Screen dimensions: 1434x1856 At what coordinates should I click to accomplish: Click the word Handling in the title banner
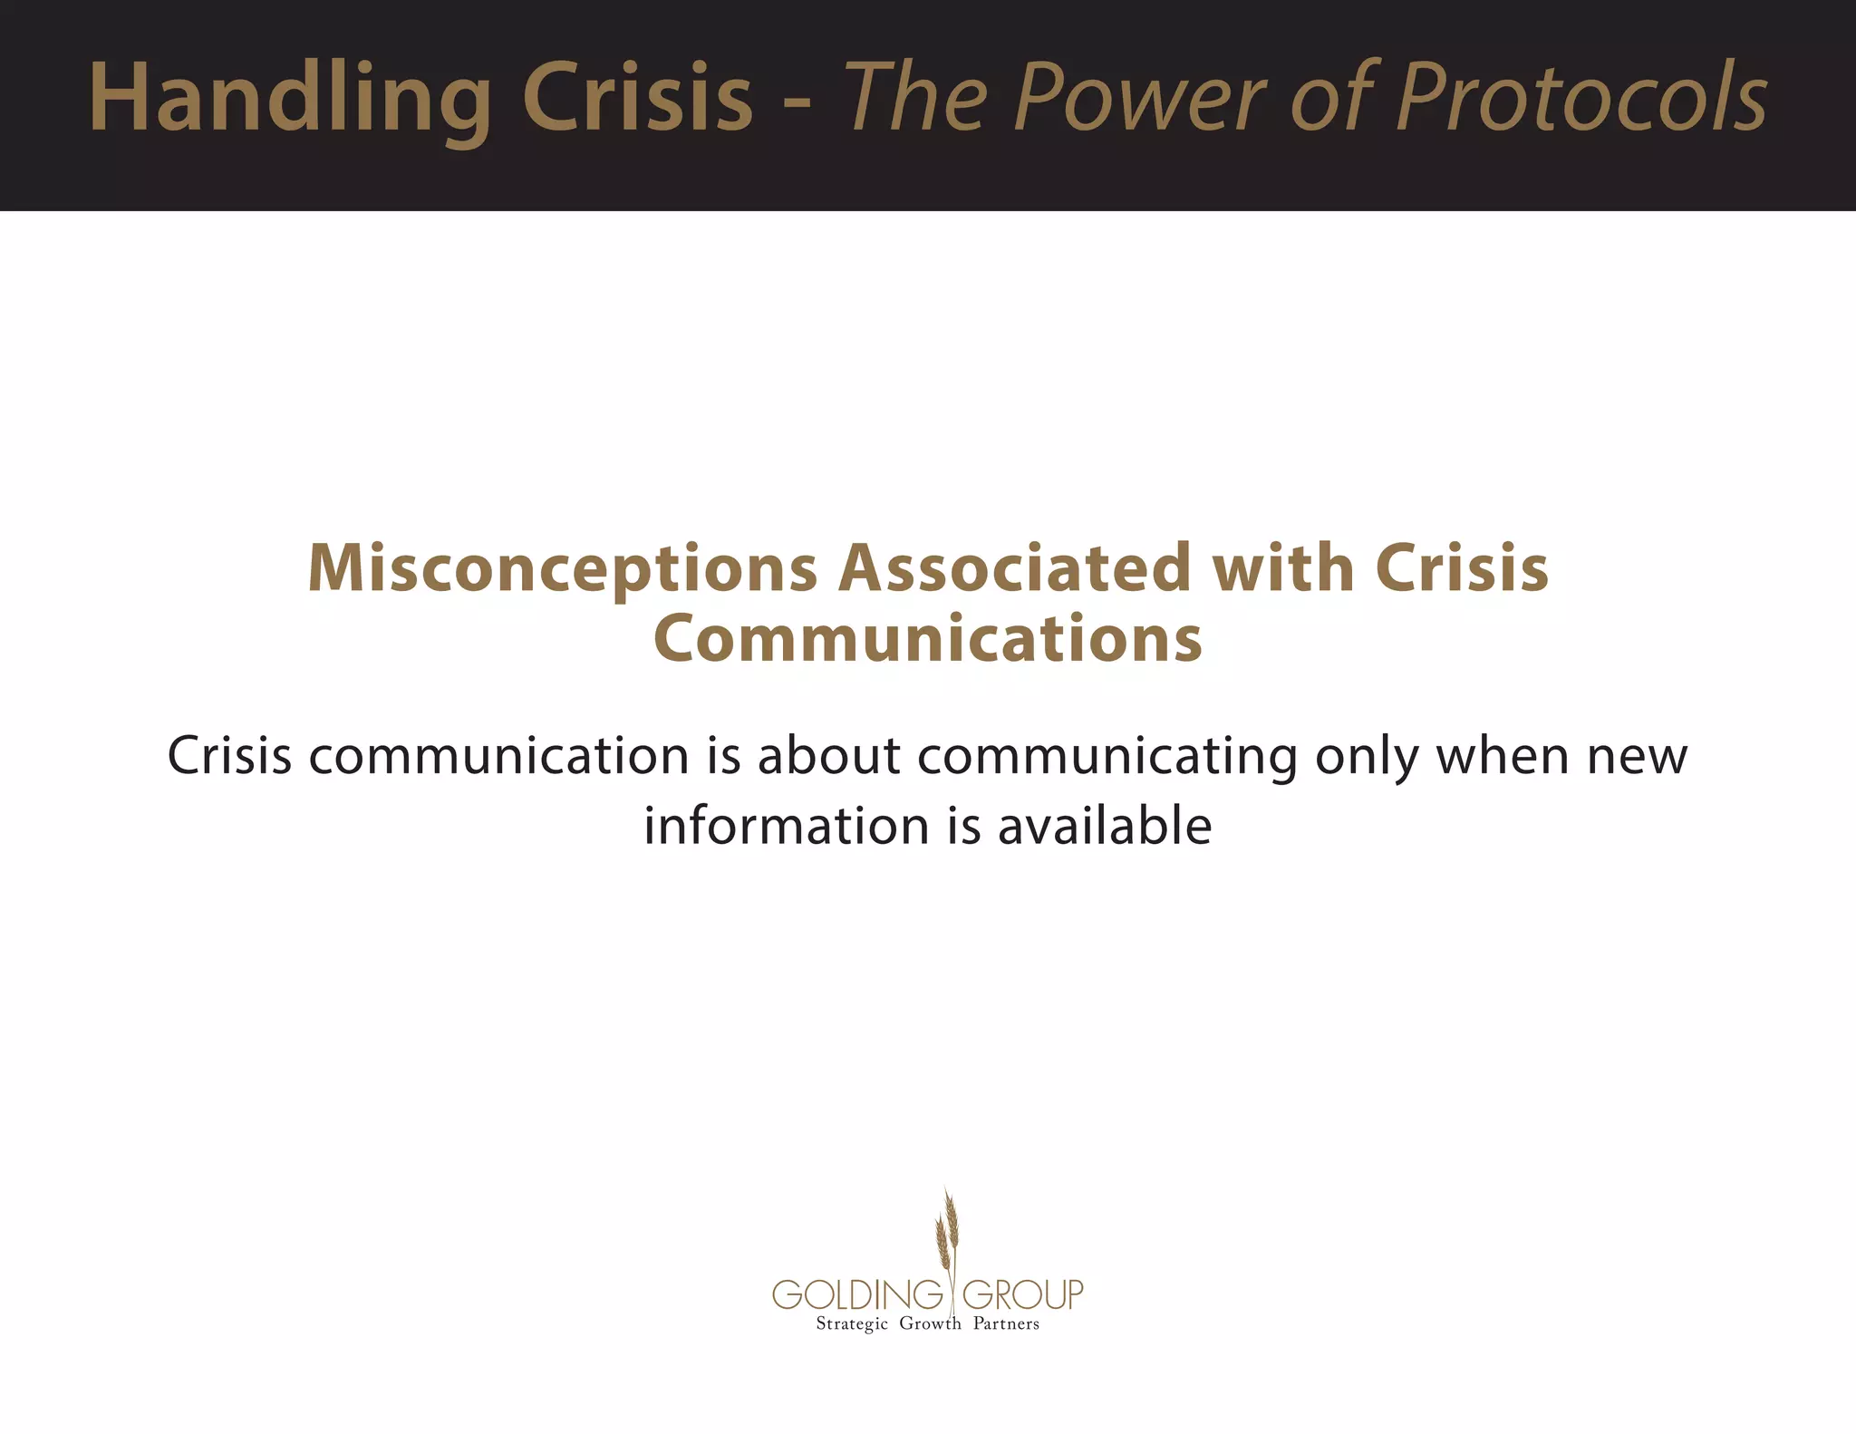290,98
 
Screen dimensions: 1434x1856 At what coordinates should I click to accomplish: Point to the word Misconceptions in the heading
563,569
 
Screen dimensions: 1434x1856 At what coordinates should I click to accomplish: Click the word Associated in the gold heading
1014,567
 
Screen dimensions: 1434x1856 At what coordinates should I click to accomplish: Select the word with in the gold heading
1283,567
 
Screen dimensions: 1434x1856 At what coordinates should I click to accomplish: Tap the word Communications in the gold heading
927,638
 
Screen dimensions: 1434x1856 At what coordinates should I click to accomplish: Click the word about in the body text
828,755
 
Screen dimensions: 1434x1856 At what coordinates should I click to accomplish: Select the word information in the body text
787,826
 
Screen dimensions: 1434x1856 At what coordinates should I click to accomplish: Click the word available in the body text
1104,826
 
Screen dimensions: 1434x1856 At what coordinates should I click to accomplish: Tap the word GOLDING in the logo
856,1294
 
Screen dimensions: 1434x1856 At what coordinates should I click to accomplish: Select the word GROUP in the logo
1022,1294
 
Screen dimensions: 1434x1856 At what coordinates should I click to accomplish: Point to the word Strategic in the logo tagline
851,1324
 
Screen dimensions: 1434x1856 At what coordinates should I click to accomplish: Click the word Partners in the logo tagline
1006,1323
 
